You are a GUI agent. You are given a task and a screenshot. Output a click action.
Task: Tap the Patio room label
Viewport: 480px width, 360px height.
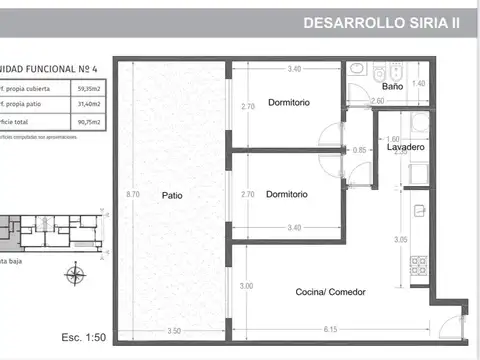(173, 196)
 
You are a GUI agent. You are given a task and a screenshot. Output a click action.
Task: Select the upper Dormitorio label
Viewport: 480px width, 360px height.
(288, 103)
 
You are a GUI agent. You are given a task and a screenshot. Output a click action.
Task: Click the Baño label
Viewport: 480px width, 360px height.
(392, 87)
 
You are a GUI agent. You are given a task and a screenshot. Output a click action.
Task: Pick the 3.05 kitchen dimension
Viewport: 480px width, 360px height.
(400, 240)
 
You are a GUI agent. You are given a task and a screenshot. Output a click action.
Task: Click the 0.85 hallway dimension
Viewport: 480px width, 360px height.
(360, 150)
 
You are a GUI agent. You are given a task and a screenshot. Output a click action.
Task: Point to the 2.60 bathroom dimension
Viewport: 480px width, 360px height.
(377, 102)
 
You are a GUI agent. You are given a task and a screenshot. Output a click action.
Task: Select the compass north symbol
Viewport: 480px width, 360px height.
(72, 275)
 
